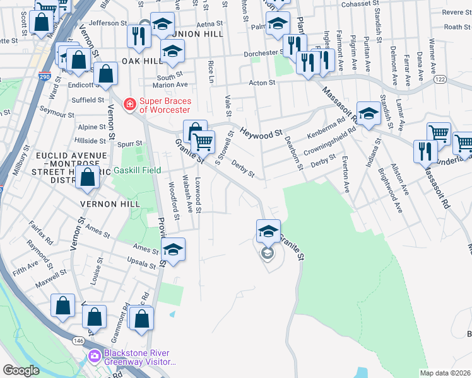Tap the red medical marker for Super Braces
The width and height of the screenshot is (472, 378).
click(x=130, y=103)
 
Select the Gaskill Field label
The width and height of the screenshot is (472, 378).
click(x=137, y=170)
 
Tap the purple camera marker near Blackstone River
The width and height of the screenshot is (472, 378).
click(x=94, y=357)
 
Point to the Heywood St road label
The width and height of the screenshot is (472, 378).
click(x=261, y=134)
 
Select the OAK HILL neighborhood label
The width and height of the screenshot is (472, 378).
click(x=138, y=60)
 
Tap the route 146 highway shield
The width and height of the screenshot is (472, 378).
click(x=78, y=340)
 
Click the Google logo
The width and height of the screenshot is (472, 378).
click(x=21, y=370)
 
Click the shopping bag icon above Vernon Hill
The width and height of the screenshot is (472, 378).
click(x=88, y=179)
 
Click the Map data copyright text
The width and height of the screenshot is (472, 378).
click(x=445, y=373)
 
